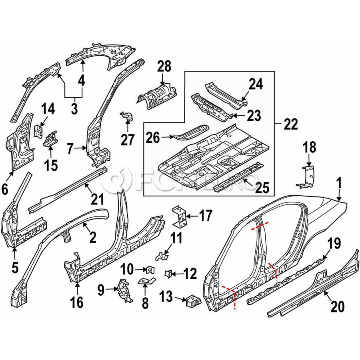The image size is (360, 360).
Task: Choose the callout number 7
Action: click(x=70, y=150)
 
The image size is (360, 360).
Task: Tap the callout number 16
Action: click(x=77, y=302)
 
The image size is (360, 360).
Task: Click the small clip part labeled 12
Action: click(x=169, y=274)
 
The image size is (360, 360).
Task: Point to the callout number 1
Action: click(x=339, y=185)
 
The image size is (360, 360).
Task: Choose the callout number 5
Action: click(x=15, y=268)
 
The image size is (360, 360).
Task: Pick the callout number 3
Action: click(x=74, y=108)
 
